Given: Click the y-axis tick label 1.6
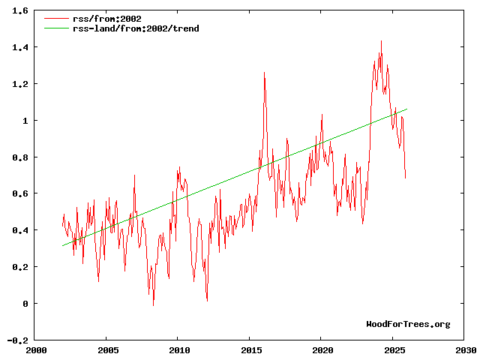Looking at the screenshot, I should click(x=21, y=11).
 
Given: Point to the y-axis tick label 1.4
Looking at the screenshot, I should click(x=21, y=47).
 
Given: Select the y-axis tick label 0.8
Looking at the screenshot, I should click(x=21, y=157).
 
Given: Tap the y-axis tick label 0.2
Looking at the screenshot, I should click(x=21, y=267).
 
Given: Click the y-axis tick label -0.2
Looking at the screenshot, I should click(x=19, y=340).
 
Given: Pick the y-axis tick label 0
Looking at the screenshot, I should click(x=26, y=304).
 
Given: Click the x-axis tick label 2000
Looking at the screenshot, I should click(x=36, y=350).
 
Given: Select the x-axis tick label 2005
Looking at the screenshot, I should click(x=108, y=350).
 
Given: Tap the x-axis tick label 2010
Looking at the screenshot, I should click(x=179, y=350).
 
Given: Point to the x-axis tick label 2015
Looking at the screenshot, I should click(x=250, y=350).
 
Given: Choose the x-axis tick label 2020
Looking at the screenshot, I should click(x=322, y=350).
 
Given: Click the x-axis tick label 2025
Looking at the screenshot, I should click(x=394, y=350).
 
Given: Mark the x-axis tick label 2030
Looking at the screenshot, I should click(x=465, y=350).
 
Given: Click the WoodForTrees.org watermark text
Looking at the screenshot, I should click(x=408, y=324).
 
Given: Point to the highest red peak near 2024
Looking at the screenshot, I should click(x=381, y=40).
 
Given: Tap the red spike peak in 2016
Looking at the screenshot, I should click(x=264, y=72).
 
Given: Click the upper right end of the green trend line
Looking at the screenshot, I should click(x=406, y=109).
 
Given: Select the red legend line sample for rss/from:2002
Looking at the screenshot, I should click(x=54, y=19).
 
